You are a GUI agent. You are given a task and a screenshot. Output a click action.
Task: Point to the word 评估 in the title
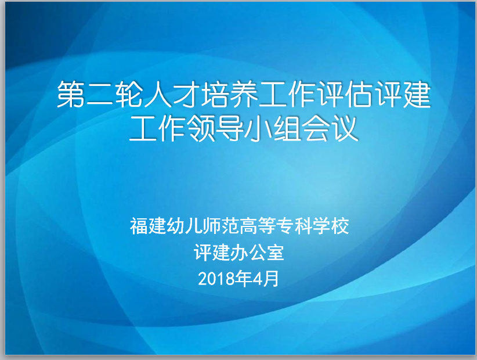[345, 94]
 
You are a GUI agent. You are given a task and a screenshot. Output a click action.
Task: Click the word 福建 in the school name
[148, 226]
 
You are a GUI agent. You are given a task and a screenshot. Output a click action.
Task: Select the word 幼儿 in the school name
[185, 226]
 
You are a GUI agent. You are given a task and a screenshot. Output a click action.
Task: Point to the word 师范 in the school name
[221, 226]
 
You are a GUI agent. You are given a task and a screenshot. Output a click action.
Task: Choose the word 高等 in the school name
[258, 226]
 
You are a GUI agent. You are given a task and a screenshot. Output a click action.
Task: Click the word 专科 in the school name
[294, 226]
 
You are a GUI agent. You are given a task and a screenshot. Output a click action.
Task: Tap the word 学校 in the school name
[331, 226]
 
